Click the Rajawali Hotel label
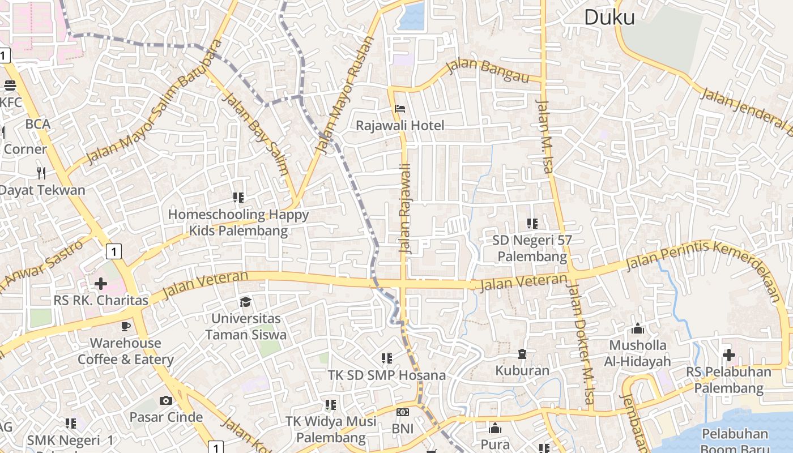[x=400, y=125]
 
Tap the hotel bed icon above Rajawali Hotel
[x=400, y=108]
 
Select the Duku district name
[x=609, y=18]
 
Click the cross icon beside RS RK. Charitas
[x=101, y=283]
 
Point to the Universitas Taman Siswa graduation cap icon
[x=246, y=302]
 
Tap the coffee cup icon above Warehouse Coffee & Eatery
[x=126, y=326]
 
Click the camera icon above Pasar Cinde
[x=166, y=401]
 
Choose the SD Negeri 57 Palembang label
[x=532, y=248]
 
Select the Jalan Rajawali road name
[x=404, y=208]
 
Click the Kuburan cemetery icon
[x=522, y=354]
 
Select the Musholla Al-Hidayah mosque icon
[x=638, y=328]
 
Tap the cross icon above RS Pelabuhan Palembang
[x=729, y=355]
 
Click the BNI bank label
[x=403, y=429]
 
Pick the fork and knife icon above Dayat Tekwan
[x=41, y=172]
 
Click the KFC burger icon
[x=10, y=86]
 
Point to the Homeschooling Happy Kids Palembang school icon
[x=238, y=198]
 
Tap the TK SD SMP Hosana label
[x=387, y=375]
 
